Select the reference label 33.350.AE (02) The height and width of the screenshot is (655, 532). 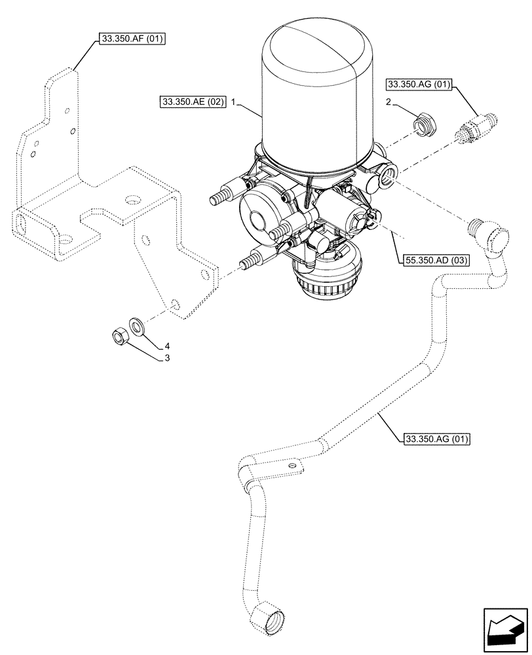[x=192, y=102]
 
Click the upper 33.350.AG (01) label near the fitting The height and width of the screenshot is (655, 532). [x=419, y=84]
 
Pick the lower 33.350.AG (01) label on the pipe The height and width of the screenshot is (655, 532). [x=437, y=439]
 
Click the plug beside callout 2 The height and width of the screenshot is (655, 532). [x=423, y=123]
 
